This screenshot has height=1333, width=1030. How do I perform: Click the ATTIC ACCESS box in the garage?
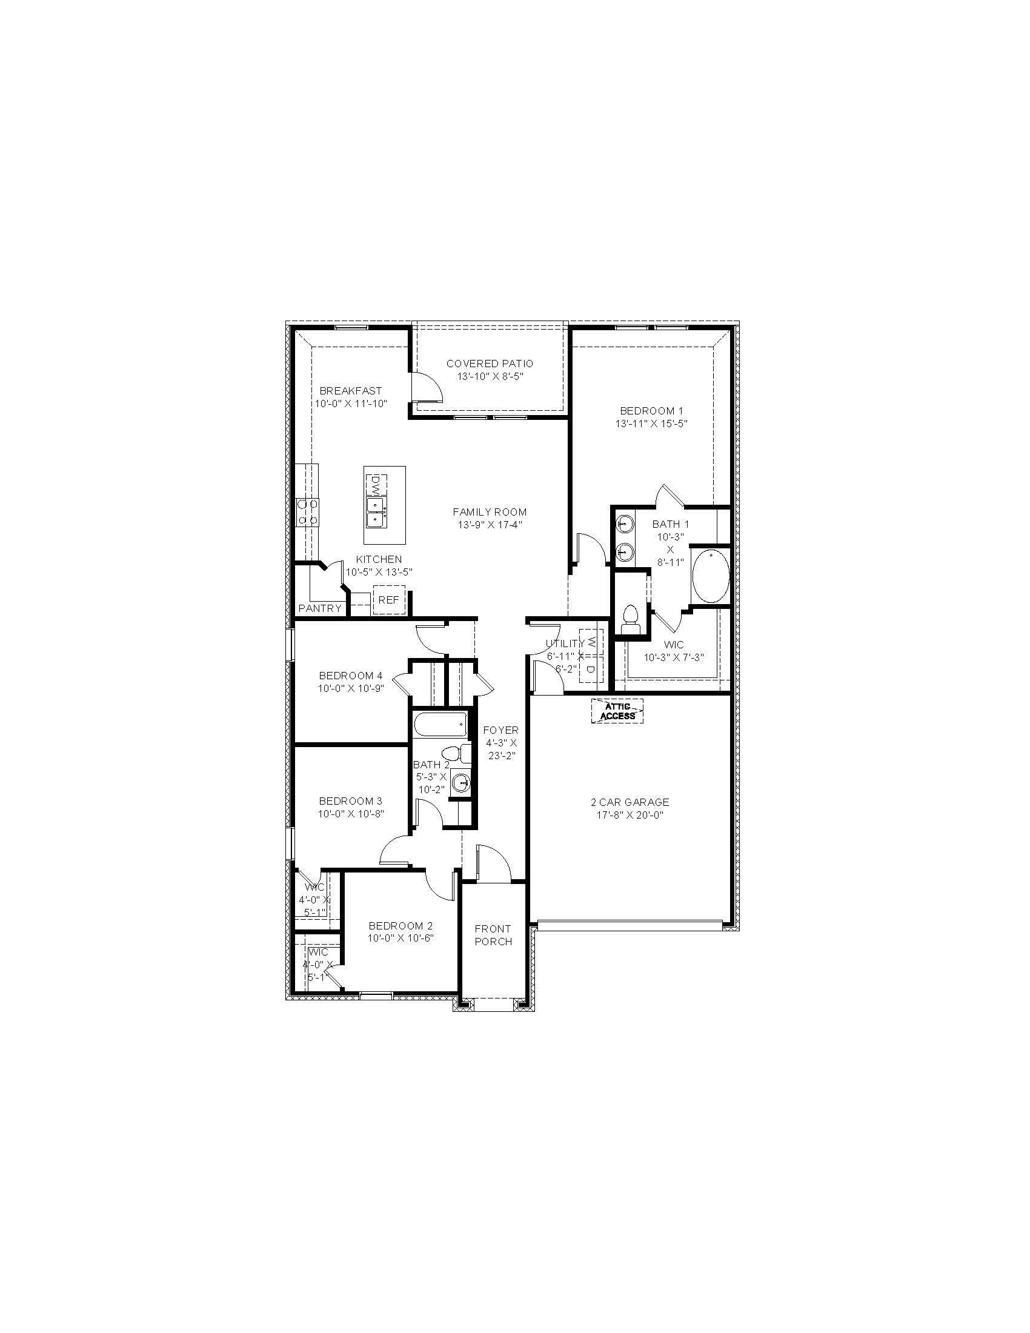tap(617, 711)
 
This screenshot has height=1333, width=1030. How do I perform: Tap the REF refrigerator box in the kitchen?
tap(389, 600)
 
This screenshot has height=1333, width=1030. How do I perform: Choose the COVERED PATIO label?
tap(490, 364)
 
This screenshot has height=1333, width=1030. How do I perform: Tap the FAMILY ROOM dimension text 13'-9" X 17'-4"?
tap(490, 524)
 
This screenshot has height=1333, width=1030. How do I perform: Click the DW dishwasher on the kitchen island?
tap(376, 486)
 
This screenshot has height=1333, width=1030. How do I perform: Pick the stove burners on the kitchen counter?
tap(307, 512)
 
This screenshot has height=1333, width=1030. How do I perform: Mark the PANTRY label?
tap(320, 608)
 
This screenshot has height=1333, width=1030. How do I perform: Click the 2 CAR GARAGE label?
tap(630, 803)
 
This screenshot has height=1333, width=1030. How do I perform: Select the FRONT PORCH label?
tap(494, 935)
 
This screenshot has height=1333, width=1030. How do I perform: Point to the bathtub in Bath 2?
tap(440, 725)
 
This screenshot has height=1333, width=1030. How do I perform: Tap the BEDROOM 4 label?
tap(351, 676)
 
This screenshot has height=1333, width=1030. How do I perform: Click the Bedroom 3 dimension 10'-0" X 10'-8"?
tap(351, 814)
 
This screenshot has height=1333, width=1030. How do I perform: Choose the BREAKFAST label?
tap(351, 391)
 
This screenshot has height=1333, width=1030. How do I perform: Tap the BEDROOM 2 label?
tap(401, 926)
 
